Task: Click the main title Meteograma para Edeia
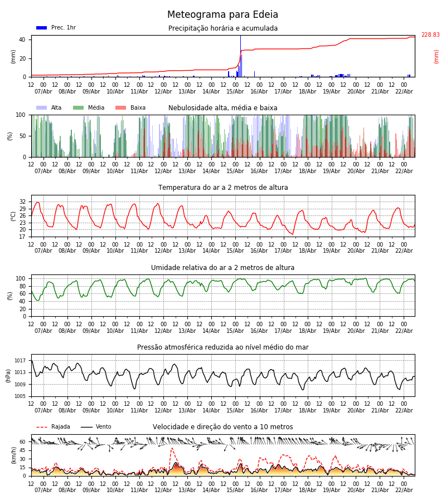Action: point(222,15)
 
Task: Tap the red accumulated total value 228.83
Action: point(430,35)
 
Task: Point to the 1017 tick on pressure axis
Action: point(21,361)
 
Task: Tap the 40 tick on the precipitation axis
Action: point(22,40)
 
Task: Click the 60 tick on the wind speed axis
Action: point(22,442)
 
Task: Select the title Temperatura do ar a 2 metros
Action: point(223,188)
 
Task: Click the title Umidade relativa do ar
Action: point(223,268)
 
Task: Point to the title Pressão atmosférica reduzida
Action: point(223,347)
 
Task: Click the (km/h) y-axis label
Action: point(13,455)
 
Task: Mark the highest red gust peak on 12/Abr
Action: point(172,448)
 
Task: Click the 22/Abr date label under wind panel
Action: point(404,490)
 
